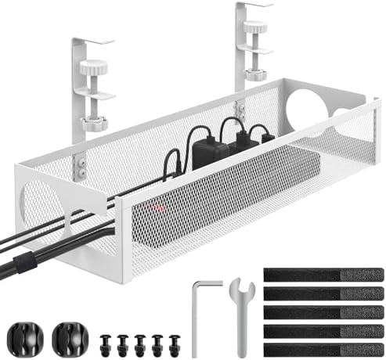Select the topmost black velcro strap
323,275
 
